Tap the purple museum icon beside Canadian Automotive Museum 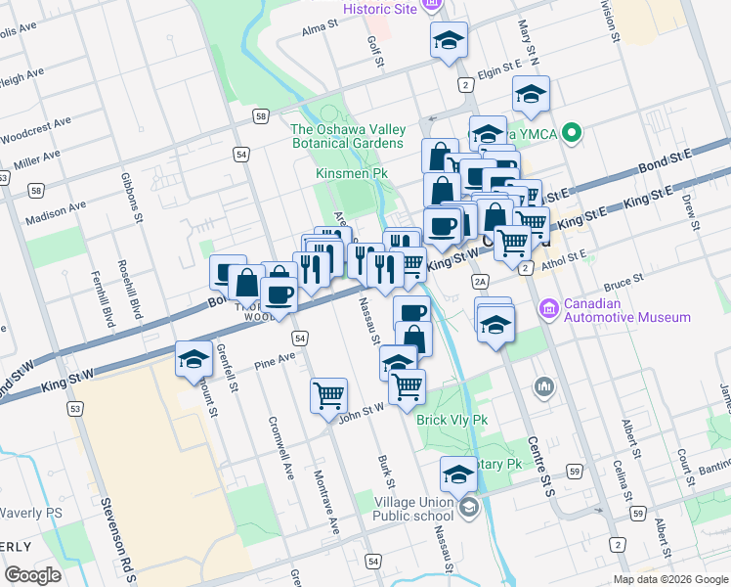[x=548, y=310]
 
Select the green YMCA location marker [x=574, y=132]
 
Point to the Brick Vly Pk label [x=451, y=421]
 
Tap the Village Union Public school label [x=414, y=510]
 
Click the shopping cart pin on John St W [x=328, y=395]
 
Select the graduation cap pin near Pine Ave [x=193, y=359]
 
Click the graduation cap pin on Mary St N [x=531, y=94]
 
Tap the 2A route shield [x=479, y=282]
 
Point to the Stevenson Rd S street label [x=117, y=538]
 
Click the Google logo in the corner [x=32, y=575]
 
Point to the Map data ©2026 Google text [x=669, y=578]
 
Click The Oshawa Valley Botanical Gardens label [x=347, y=136]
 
